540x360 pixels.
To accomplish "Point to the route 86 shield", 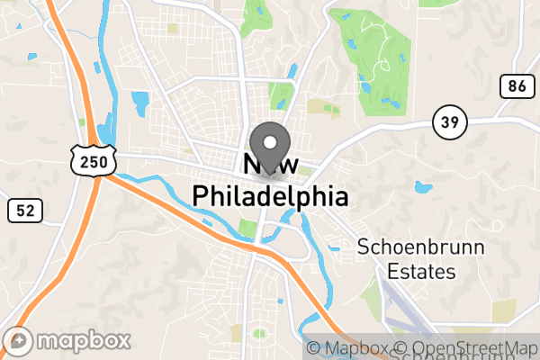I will (x=515, y=86).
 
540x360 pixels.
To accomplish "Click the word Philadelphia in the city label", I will (x=270, y=194).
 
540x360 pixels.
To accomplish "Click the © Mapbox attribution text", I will (x=348, y=348).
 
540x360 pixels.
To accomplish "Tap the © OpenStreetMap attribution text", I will (x=465, y=348).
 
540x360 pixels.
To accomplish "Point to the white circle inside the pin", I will (x=270, y=142).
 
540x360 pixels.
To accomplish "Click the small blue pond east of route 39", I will (x=421, y=188).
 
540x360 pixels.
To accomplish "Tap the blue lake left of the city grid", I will (x=139, y=101).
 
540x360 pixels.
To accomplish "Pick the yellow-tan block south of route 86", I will (x=504, y=311).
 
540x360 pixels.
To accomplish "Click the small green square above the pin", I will (x=282, y=94).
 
